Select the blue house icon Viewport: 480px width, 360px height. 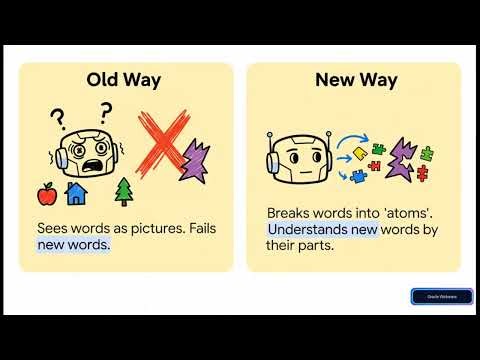[x=76, y=191]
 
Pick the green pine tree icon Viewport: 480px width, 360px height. [x=124, y=190]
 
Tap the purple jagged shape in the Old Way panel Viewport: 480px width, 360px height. [x=196, y=160]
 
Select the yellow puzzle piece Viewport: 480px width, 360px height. [x=359, y=154]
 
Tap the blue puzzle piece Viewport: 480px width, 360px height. [x=358, y=177]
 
